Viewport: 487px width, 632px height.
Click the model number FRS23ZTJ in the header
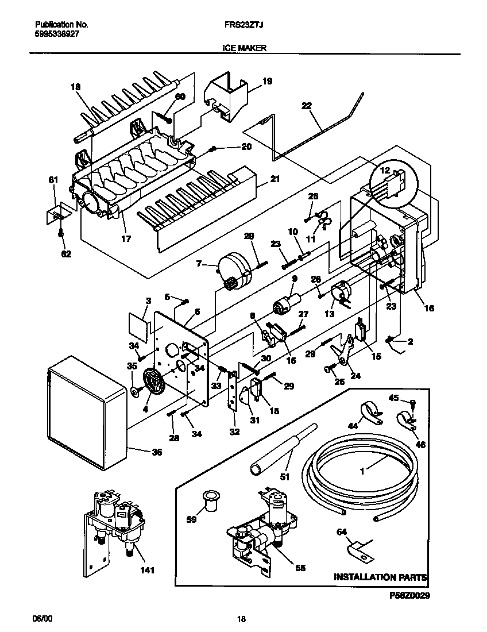243,25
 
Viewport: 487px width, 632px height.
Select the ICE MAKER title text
243,49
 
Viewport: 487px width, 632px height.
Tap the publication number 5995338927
57,34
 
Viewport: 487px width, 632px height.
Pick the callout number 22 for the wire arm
306,105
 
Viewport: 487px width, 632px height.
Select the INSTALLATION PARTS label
380,576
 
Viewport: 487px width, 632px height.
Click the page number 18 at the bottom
241,619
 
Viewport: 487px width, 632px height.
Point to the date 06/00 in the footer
42,619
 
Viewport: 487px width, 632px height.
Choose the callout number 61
53,181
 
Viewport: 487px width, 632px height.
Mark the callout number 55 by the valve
300,568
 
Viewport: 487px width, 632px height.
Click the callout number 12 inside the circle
384,170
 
